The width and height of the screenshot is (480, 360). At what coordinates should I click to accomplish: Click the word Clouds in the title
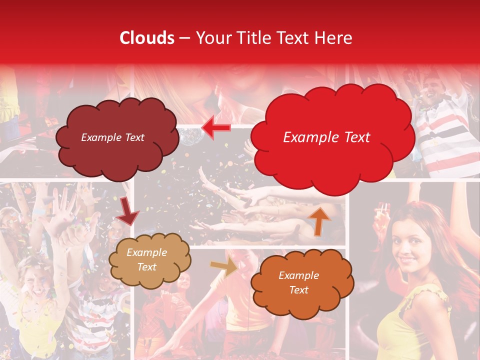click(147, 38)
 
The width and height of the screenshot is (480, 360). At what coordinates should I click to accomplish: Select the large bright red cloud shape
click(332, 137)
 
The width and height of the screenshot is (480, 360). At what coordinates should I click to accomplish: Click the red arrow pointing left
click(216, 128)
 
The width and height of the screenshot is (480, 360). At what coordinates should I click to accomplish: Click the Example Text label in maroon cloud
click(112, 137)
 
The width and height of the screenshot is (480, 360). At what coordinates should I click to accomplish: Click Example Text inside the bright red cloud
click(326, 137)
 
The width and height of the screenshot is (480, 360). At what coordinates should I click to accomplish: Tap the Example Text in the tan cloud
click(146, 260)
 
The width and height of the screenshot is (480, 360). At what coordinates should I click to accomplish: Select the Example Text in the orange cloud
click(298, 282)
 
